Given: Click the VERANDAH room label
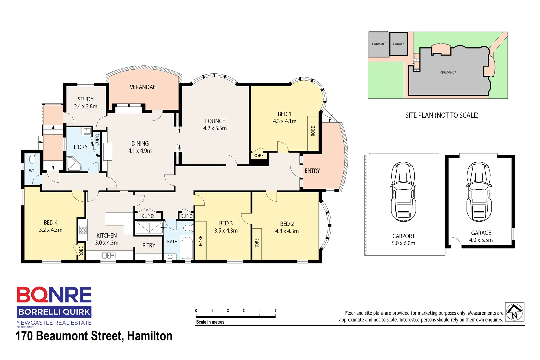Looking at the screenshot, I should (143, 87).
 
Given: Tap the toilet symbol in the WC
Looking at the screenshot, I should (32, 159).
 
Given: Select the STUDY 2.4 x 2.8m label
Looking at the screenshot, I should (86, 103).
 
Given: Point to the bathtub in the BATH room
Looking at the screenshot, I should (187, 248).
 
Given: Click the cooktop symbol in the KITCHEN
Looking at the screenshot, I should (83, 229).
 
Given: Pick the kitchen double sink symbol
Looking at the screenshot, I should (108, 256).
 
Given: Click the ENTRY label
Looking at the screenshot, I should (312, 171).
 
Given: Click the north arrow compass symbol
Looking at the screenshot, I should (514, 312).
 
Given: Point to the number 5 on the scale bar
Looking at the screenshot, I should (275, 310).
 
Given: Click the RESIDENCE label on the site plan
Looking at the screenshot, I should (448, 73).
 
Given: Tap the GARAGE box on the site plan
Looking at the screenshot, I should (399, 44).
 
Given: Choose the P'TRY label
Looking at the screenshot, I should (149, 245).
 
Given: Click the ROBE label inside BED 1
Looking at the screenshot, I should (313, 131).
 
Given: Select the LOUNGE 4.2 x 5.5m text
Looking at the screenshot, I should (215, 124).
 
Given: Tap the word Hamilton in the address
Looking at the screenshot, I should (150, 336).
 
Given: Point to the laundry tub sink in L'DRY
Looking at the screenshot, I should (87, 131).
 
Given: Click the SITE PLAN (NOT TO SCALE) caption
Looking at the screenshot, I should (442, 115).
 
